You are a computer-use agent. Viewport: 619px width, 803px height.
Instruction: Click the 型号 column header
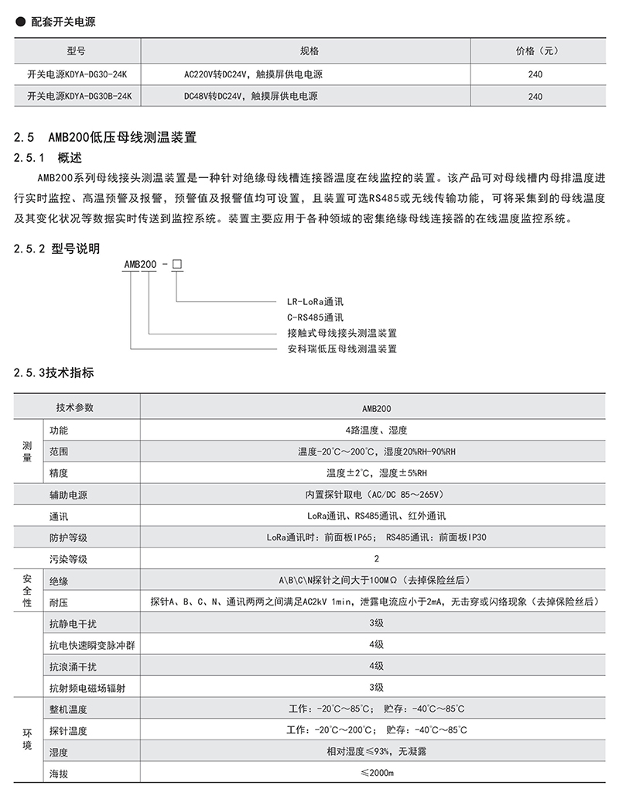click(75, 51)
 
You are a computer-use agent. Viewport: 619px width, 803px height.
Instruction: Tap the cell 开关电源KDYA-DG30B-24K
click(80, 97)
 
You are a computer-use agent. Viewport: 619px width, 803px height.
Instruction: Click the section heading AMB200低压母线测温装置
click(124, 139)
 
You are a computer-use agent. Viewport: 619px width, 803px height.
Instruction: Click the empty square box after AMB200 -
click(176, 265)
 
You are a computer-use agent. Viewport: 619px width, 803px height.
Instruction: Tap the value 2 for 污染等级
click(376, 558)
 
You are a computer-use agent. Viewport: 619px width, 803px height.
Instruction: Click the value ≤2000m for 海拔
click(376, 773)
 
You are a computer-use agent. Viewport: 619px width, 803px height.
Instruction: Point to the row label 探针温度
click(69, 730)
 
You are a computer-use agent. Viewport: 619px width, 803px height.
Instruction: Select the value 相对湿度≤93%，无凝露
click(376, 751)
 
